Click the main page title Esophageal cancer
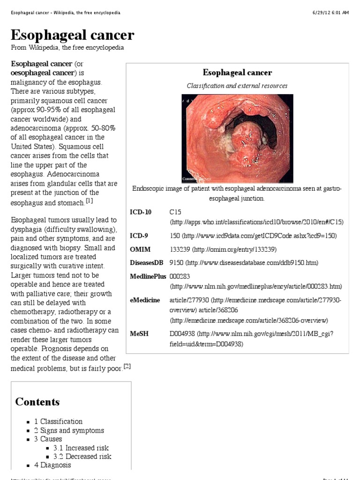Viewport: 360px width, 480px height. [x=72, y=35]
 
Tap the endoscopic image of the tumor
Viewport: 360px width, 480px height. [x=237, y=138]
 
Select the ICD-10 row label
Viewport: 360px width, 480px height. [x=141, y=212]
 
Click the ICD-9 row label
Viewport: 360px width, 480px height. [x=139, y=235]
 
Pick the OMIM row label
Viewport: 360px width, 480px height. [x=140, y=249]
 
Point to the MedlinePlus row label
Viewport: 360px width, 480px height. [x=148, y=277]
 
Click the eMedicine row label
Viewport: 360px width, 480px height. [x=145, y=300]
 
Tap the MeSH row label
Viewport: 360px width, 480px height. [x=139, y=334]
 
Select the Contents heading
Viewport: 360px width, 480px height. [x=37, y=402]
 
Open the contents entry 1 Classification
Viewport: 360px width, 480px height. [x=58, y=421]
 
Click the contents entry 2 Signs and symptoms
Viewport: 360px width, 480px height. [x=69, y=430]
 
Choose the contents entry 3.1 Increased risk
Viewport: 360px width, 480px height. [x=81, y=448]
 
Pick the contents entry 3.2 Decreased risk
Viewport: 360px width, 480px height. [x=82, y=457]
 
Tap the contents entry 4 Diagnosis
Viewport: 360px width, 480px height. [x=52, y=465]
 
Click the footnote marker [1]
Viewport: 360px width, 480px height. [x=90, y=201]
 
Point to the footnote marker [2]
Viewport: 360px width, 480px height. [x=127, y=367]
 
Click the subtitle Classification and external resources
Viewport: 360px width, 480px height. [x=237, y=86]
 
